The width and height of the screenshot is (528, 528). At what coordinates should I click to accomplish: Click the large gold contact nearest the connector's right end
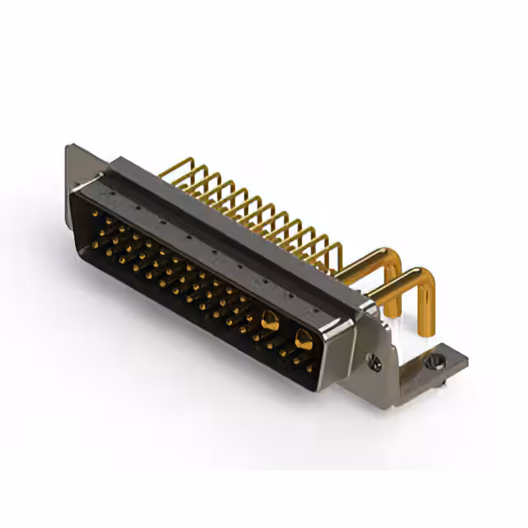point(303,337)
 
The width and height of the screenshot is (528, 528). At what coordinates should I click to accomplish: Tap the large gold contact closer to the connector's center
point(270,321)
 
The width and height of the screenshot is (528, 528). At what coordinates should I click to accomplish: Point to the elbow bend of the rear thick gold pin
point(395,257)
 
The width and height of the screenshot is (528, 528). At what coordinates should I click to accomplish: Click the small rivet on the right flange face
point(374,361)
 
